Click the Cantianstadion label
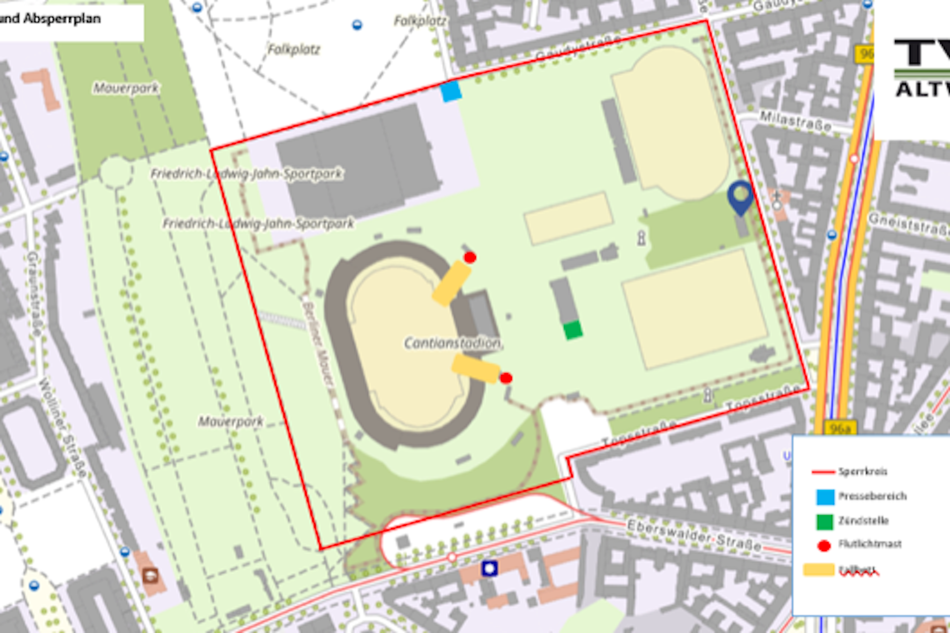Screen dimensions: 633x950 click(452, 344)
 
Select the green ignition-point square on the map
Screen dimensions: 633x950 click(573, 330)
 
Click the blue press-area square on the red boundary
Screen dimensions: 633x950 click(451, 91)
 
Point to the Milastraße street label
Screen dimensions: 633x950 click(795, 122)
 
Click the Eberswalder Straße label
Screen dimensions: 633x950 click(694, 535)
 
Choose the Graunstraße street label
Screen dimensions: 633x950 click(34, 293)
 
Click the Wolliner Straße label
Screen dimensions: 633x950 click(64, 427)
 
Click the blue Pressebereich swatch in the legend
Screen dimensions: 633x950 click(825, 497)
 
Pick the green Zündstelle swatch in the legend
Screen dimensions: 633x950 click(825, 521)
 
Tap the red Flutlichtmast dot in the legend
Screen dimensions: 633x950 click(824, 546)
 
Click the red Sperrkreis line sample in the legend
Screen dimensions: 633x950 click(823, 472)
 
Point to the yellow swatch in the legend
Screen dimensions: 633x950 click(819, 570)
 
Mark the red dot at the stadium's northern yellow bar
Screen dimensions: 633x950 click(470, 258)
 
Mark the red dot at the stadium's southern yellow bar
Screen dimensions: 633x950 click(506, 378)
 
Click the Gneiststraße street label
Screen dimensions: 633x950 click(909, 225)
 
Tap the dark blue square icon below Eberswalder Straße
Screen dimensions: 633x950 click(489, 568)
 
